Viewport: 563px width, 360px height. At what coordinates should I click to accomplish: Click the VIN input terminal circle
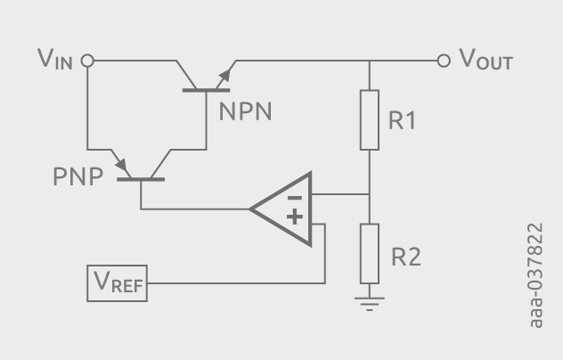(87, 61)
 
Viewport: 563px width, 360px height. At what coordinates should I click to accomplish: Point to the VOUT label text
(485, 61)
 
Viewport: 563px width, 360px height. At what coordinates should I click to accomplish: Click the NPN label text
(245, 111)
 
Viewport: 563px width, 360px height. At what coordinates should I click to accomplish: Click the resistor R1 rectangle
(370, 119)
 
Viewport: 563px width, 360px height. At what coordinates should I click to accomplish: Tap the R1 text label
(402, 120)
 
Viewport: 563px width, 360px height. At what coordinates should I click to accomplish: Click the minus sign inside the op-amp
(295, 194)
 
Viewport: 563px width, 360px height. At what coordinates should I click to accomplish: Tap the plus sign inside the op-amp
(295, 217)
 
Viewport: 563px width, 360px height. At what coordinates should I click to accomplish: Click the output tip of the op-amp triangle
(252, 210)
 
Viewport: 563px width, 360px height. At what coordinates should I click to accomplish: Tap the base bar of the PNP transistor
(142, 180)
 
